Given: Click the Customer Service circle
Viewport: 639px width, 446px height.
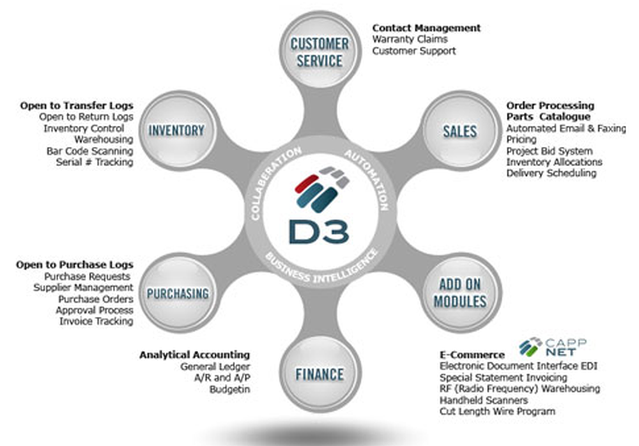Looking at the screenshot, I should tap(319, 52).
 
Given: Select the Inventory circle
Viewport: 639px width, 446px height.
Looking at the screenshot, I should tap(176, 131).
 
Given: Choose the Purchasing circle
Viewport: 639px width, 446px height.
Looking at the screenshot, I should tap(178, 294).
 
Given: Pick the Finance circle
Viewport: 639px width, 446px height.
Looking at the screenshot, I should tap(319, 374).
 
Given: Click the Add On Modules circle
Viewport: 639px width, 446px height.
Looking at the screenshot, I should tap(460, 293).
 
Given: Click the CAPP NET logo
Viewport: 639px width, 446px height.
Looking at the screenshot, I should tap(549, 346).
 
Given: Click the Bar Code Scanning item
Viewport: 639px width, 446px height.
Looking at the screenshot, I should tap(89, 151).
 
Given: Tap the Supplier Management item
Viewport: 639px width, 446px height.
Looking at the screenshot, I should tap(83, 288).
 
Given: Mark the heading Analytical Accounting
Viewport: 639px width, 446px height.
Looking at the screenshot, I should tap(194, 355).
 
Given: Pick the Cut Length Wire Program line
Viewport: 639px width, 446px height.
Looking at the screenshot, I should tap(497, 411).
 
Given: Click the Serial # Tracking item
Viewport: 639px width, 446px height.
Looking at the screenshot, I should tap(94, 162).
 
